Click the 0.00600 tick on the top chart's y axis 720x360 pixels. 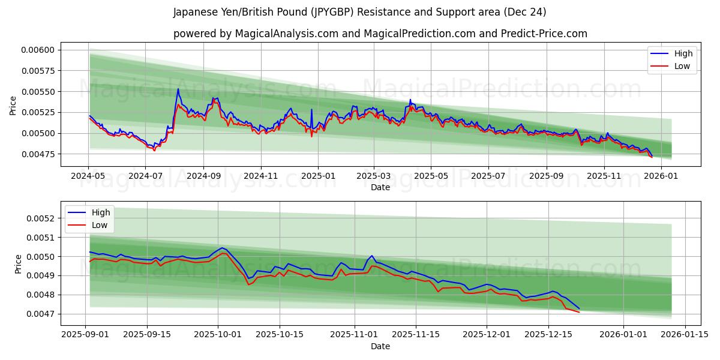(x=37, y=50)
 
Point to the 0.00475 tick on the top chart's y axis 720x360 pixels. (x=37, y=154)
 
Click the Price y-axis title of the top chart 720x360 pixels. (x=13, y=106)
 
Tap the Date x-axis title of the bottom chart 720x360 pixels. (x=380, y=346)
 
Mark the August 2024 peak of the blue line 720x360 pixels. (x=178, y=89)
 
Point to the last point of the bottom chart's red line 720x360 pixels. (x=579, y=312)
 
